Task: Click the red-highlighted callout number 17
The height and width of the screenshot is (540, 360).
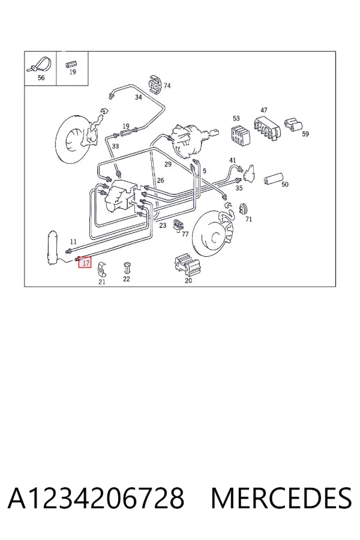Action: pos(85,263)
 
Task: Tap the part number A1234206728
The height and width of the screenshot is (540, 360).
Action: pos(96,499)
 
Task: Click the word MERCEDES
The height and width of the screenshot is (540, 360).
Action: pos(281,499)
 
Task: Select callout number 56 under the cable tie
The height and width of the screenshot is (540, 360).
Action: pos(41,78)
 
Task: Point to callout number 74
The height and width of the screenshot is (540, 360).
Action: pos(167,85)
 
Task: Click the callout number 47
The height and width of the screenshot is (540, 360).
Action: pos(264,110)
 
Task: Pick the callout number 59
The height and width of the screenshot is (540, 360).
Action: pos(305,134)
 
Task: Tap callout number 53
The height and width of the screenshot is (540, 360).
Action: pos(236,118)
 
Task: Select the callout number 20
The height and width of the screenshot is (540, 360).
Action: pos(188,281)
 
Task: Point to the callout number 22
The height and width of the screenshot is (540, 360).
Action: pos(127,279)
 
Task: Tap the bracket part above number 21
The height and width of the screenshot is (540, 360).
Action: pos(102,269)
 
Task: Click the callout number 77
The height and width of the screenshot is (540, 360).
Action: pos(185,234)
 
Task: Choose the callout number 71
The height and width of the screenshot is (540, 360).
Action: pos(249,219)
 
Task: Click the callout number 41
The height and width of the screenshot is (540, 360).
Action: pos(233,160)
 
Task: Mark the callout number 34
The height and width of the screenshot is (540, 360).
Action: pos(138,97)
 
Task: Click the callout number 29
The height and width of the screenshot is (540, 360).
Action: pos(168,164)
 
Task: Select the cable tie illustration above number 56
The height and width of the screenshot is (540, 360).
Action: pos(40,64)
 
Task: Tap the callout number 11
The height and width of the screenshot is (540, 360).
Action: pos(73,242)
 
